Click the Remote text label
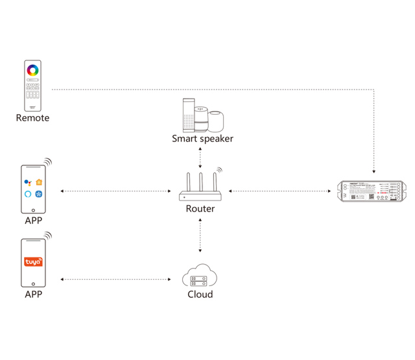click(32, 118)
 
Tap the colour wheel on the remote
click(32, 69)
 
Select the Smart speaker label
click(202, 138)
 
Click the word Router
click(200, 209)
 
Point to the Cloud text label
click(200, 294)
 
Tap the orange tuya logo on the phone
click(33, 262)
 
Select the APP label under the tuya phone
click(33, 294)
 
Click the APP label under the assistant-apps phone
click(33, 221)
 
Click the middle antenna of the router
click(200, 181)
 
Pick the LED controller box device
click(370, 191)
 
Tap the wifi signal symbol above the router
click(219, 171)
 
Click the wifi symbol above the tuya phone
click(47, 235)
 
